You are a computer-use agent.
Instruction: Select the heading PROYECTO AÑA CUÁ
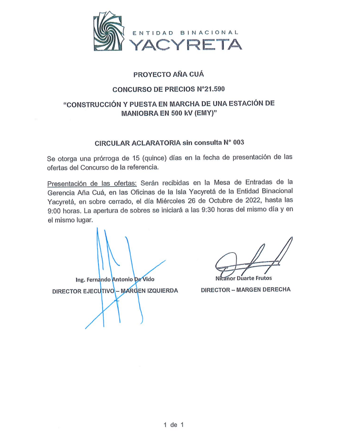tap(169, 74)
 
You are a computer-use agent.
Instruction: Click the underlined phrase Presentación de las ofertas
tap(92, 183)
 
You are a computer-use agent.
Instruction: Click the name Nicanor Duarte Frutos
tap(244, 278)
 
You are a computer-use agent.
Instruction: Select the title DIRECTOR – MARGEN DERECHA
tap(246, 289)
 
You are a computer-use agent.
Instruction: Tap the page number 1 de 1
tap(173, 425)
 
